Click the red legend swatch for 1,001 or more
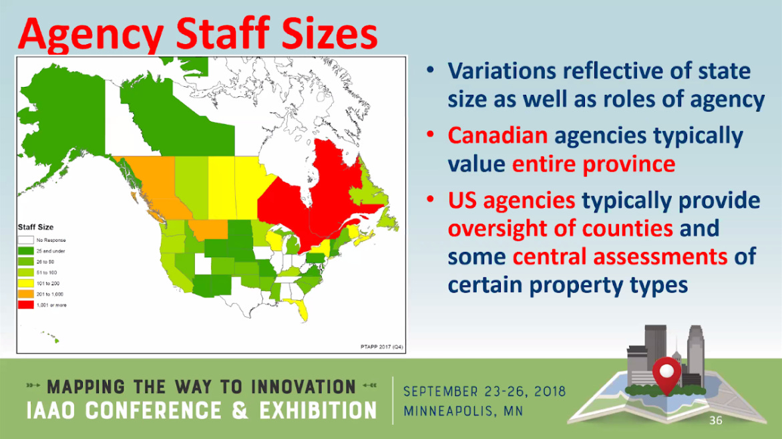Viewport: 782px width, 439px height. [x=26, y=305]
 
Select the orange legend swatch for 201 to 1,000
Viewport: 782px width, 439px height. [x=26, y=294]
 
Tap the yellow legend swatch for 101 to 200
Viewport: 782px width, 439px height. [x=26, y=283]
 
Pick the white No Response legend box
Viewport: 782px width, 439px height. [x=26, y=240]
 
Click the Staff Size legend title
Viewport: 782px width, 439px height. [x=35, y=227]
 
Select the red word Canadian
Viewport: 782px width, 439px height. [x=498, y=136]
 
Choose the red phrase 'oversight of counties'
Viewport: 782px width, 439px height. [x=560, y=228]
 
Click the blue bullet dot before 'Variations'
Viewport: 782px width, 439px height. [x=432, y=70]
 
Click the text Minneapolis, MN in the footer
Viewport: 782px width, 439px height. [x=463, y=410]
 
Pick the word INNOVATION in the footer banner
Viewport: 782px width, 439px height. [x=303, y=387]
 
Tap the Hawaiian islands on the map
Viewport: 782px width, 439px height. [x=51, y=337]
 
